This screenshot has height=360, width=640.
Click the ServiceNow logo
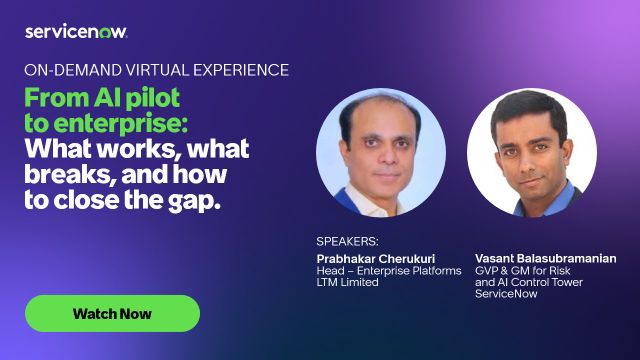76,32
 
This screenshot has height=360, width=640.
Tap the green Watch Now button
112,313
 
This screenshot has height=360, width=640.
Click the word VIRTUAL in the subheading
158,70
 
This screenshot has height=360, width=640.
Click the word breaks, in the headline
70,174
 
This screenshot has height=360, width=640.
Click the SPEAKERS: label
347,241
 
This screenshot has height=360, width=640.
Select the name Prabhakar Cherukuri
376,258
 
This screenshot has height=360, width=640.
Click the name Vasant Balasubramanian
546,258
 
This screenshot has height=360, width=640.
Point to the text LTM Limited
347,282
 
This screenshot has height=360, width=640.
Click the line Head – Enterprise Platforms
389,271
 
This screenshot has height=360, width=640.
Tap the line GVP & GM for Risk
522,271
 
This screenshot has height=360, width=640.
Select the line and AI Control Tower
529,282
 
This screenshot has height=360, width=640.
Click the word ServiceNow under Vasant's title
506,293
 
